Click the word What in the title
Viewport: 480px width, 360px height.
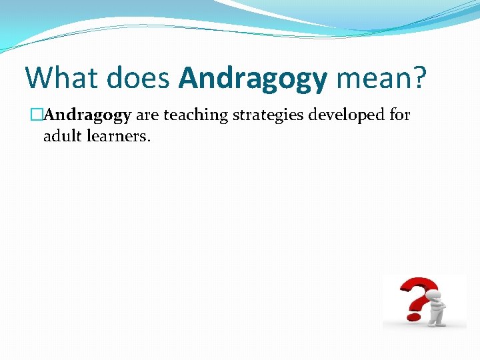[x=59, y=77]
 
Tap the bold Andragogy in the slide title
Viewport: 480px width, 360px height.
[x=253, y=79]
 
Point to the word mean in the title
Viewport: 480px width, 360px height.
[x=371, y=77]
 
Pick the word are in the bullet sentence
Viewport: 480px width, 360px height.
[x=147, y=115]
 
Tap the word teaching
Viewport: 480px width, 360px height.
[x=195, y=116]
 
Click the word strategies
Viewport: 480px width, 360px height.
[x=267, y=116]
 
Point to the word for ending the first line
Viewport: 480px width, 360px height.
[x=399, y=115]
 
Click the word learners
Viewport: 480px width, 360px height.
[x=117, y=137]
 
